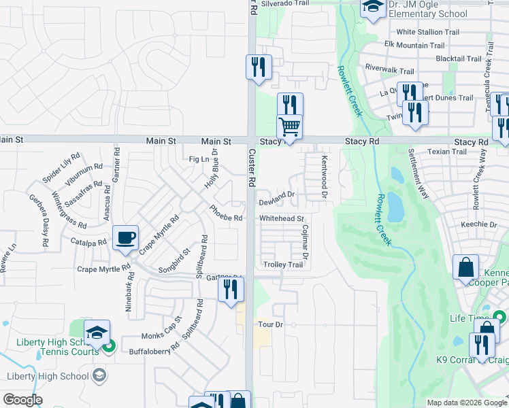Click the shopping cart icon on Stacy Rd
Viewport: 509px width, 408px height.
pos(290,126)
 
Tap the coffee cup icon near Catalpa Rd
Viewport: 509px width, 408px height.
pos(126,237)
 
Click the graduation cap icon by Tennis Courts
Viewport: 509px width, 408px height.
pos(97,333)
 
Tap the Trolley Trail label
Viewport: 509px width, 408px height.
pos(283,265)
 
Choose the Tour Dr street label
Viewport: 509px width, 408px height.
pos(270,325)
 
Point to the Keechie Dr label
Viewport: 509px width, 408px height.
pos(479,224)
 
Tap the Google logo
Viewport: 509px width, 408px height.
pos(23,400)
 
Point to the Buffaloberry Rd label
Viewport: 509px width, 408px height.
pos(156,352)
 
